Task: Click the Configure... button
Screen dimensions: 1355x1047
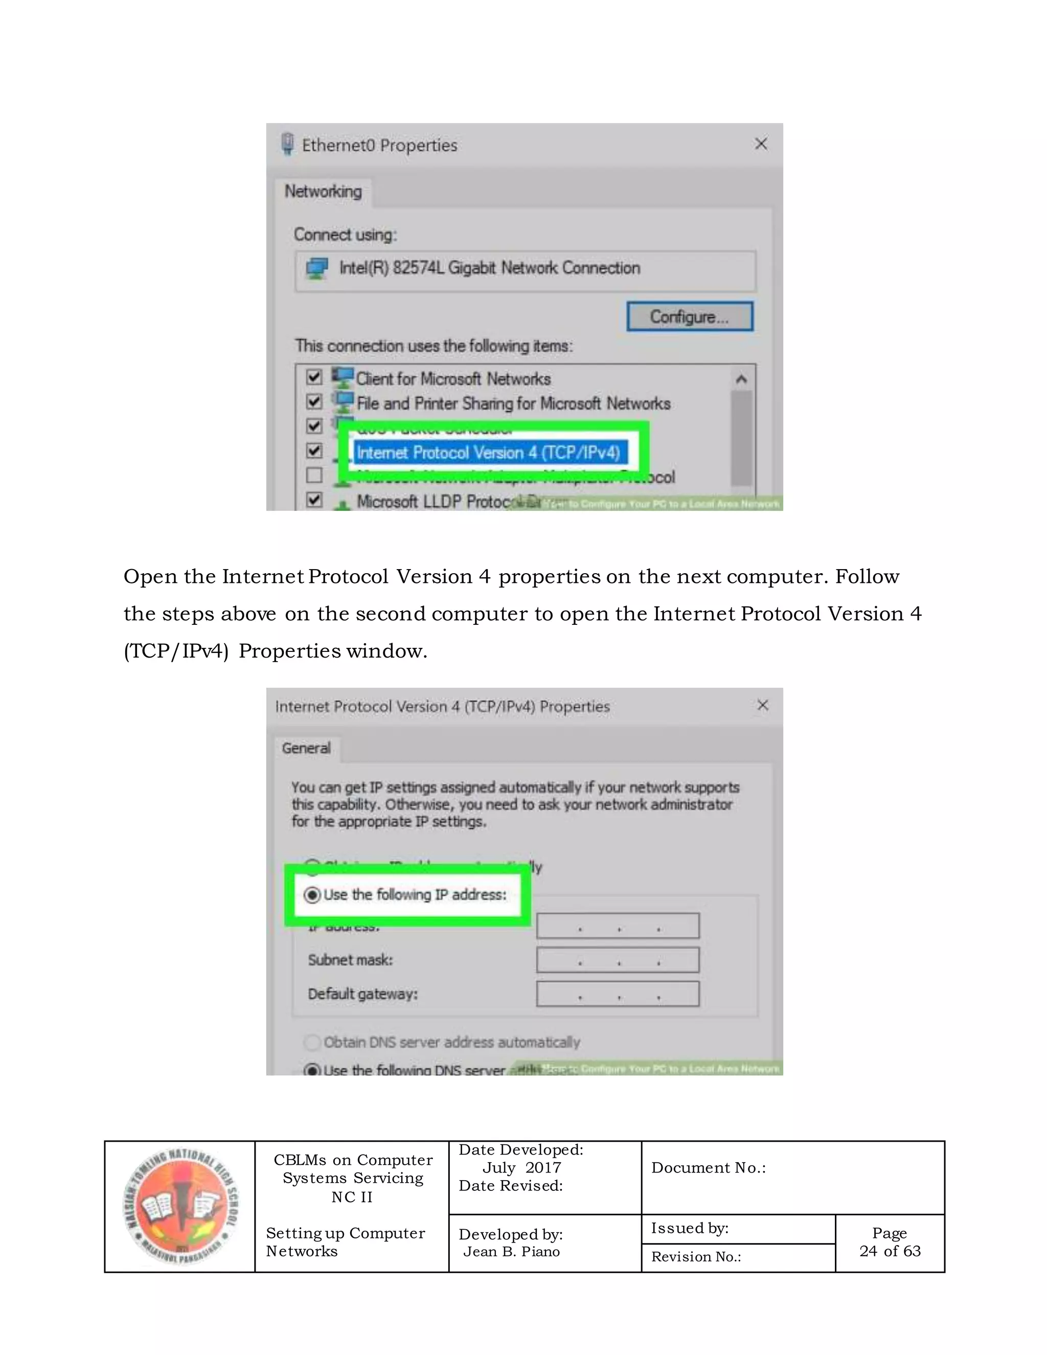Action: (690, 317)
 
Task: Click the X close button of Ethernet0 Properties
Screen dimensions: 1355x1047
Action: (761, 144)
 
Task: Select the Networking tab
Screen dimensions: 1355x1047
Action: (323, 191)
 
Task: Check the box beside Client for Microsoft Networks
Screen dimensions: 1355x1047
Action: (314, 377)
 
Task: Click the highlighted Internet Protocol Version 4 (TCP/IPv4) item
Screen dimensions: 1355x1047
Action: (488, 453)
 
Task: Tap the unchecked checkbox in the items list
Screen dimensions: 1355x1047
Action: (314, 475)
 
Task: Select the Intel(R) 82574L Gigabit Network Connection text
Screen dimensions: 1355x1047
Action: (489, 268)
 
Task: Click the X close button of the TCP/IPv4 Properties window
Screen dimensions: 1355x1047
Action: (763, 706)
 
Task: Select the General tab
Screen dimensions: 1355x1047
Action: (306, 748)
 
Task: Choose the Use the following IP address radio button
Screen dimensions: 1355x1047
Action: (312, 895)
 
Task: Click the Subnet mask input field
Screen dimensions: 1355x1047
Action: (618, 960)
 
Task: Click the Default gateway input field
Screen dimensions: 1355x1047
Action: (618, 994)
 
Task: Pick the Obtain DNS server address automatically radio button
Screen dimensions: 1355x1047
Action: (312, 1042)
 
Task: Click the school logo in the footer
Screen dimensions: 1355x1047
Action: (180, 1207)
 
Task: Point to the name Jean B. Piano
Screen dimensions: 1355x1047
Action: (512, 1251)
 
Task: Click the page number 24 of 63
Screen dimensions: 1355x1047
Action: (890, 1251)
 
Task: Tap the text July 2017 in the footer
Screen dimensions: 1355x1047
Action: (521, 1168)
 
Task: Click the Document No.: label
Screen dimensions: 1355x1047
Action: (709, 1168)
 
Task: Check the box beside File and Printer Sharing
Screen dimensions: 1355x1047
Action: (314, 401)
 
